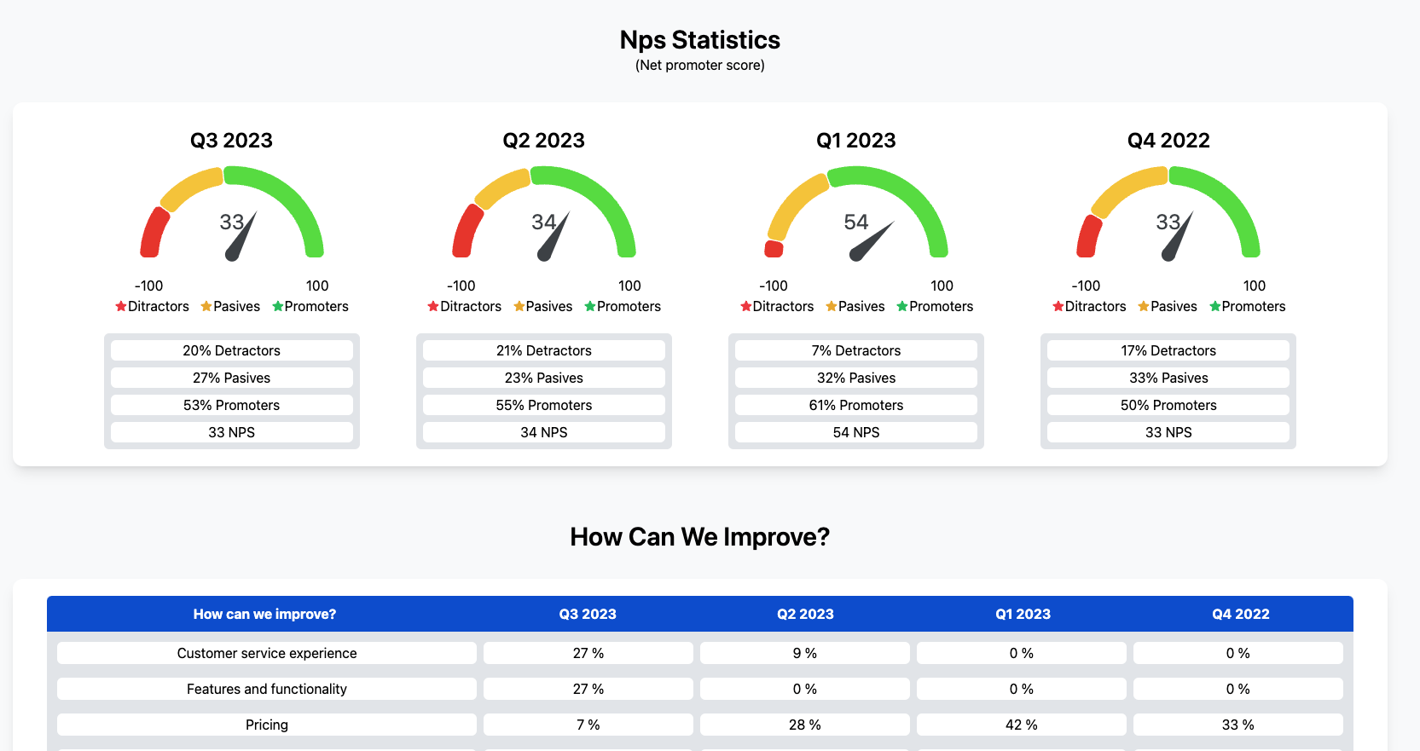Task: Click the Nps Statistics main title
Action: (x=699, y=40)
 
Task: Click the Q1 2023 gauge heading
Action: (x=855, y=141)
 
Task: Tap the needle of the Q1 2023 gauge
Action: (x=872, y=241)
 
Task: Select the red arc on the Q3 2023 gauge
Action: (x=154, y=233)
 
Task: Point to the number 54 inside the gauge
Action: (x=855, y=222)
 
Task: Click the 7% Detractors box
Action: (x=855, y=350)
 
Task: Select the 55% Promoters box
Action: (x=543, y=405)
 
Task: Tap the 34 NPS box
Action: (x=543, y=432)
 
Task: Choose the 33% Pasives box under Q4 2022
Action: (x=1168, y=378)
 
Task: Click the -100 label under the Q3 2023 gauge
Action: (x=148, y=286)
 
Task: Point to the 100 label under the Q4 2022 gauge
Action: (x=1254, y=286)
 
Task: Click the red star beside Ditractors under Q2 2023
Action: (x=433, y=306)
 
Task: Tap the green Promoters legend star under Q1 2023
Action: (x=902, y=306)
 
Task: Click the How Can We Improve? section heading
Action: (x=699, y=537)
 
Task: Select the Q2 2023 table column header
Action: (x=804, y=614)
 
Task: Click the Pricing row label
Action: (x=266, y=725)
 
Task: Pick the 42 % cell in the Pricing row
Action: (x=1021, y=725)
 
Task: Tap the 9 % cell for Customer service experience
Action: (x=804, y=653)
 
